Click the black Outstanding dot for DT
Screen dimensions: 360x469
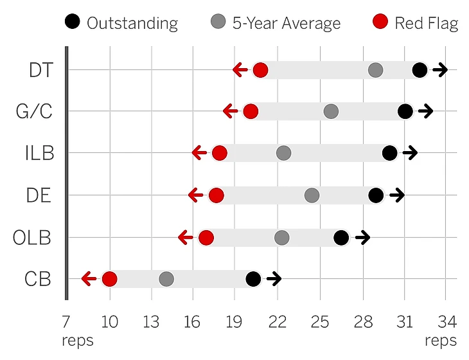click(x=420, y=70)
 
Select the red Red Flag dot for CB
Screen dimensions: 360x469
click(x=109, y=279)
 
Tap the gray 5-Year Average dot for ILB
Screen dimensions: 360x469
click(x=283, y=153)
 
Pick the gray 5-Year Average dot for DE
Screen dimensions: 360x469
click(x=312, y=195)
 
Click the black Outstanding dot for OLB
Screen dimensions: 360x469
click(x=341, y=238)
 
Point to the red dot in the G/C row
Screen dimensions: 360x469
click(x=251, y=111)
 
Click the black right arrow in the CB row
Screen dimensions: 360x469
click(x=274, y=279)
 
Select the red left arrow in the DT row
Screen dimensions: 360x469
click(x=240, y=70)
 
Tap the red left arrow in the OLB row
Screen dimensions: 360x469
click(x=186, y=238)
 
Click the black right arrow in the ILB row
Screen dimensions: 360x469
click(x=410, y=153)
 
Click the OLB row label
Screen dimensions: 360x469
click(x=32, y=238)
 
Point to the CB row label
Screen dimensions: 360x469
click(x=39, y=279)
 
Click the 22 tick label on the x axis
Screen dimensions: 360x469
click(x=278, y=320)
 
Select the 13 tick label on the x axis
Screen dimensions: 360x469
click(x=152, y=320)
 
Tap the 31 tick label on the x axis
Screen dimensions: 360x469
click(x=404, y=320)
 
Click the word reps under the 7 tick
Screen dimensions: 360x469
click(x=78, y=339)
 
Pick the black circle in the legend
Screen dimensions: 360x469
click(x=73, y=24)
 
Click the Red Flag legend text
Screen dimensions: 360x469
click(x=426, y=24)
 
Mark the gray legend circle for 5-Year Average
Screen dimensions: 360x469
click(x=218, y=24)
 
